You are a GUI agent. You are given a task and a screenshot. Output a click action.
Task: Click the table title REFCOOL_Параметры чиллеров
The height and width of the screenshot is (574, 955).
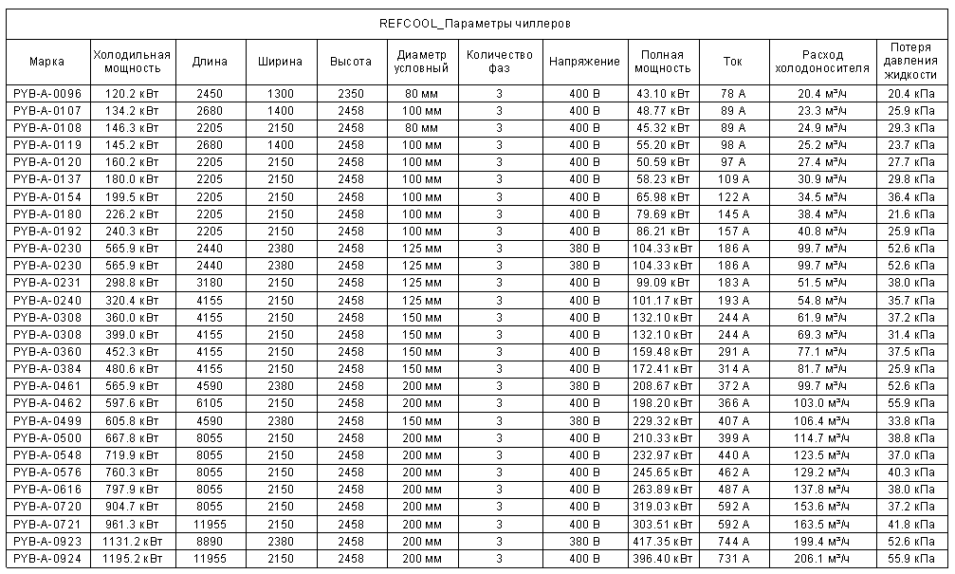[474, 23]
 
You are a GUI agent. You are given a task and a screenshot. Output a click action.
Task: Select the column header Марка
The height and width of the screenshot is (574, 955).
[46, 62]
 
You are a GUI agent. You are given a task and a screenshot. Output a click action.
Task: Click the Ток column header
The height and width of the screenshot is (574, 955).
[732, 62]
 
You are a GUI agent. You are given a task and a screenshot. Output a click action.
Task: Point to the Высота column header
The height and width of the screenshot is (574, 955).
[350, 62]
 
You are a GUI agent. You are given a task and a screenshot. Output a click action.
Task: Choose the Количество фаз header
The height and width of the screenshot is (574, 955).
[499, 62]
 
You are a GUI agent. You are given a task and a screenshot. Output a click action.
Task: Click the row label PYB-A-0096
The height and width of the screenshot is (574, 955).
[47, 94]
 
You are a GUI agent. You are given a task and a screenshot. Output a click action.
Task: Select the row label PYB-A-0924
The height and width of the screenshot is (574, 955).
[47, 558]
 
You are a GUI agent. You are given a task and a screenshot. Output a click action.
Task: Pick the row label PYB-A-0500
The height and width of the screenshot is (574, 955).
[47, 437]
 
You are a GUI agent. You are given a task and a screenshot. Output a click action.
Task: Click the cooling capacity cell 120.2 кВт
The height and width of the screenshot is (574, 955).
[132, 94]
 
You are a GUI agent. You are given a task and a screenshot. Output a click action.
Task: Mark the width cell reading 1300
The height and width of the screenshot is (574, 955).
[280, 94]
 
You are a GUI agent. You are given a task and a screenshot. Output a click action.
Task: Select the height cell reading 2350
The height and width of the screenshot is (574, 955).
[350, 94]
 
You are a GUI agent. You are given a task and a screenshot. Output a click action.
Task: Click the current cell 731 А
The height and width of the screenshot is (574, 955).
[732, 558]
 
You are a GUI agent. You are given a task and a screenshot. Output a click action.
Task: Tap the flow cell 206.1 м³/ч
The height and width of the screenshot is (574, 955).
[821, 558]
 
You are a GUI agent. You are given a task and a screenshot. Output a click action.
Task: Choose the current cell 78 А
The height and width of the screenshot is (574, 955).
[732, 94]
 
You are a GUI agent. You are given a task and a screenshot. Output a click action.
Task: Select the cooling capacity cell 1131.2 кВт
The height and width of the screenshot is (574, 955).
[132, 541]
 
